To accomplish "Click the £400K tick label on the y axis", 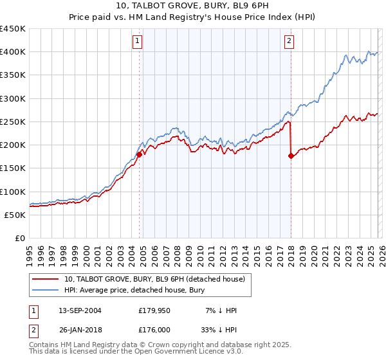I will coord(13,52).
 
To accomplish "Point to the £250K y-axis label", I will coord(13,122).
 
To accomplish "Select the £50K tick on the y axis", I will coord(15,215).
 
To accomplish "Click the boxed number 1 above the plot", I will coord(138,42).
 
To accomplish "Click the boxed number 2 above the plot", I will coord(289,42).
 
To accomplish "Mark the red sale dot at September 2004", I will coord(139,154).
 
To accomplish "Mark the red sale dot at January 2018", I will coord(291,156).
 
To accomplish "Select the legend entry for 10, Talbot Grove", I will coord(154,279).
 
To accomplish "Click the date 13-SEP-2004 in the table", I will coord(80,310).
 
